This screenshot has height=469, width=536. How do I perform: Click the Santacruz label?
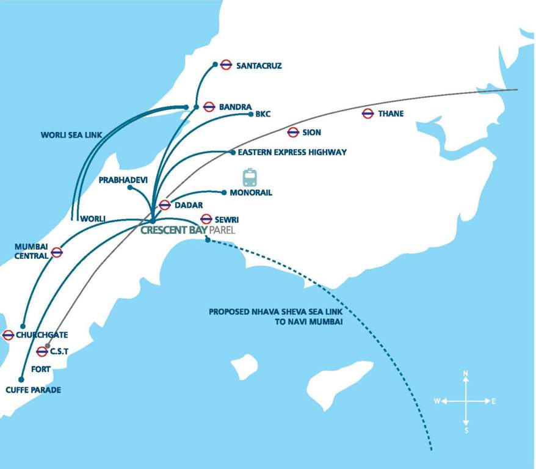coord(259,65)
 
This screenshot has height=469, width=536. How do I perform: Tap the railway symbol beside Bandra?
coord(209,107)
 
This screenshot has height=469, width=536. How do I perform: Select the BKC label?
coord(263,114)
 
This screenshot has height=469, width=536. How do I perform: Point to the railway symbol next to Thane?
coord(368,114)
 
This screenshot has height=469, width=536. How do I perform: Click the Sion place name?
coord(311,133)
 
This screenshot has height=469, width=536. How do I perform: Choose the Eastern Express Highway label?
coord(292,152)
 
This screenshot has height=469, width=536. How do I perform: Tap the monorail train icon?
coord(250,177)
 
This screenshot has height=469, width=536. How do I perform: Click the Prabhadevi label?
coord(121,180)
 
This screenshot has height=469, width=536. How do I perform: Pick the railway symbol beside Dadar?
coord(165,205)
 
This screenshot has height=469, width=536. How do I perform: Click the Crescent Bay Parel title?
coord(187,230)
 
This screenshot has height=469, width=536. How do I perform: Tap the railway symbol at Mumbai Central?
coord(57,252)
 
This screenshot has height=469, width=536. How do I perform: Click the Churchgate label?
coord(42,335)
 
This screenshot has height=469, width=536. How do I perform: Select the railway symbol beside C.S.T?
coord(42,351)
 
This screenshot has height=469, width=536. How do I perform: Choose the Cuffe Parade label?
coord(33,390)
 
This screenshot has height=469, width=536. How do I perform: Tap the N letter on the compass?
coord(466,373)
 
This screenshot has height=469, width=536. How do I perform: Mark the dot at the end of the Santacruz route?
coord(215,64)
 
